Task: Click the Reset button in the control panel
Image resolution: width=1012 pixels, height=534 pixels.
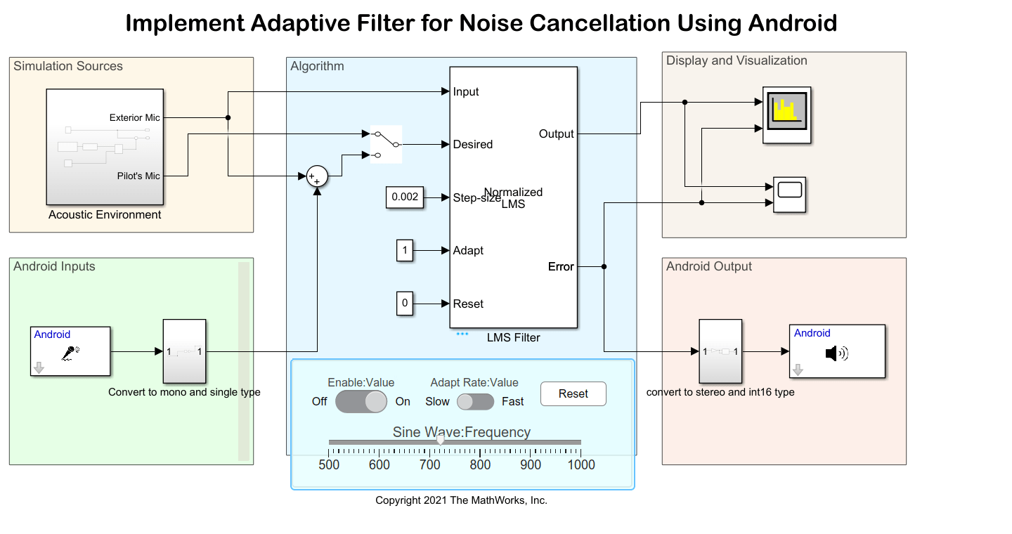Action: (573, 393)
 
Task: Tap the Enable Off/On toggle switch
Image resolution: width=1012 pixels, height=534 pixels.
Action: (361, 402)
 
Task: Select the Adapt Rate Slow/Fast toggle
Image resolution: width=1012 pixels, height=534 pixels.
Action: (475, 402)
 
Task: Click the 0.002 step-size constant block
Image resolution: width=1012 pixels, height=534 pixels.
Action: (405, 197)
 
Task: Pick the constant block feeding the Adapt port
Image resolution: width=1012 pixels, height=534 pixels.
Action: (405, 251)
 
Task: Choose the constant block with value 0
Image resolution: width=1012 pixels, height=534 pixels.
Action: (405, 304)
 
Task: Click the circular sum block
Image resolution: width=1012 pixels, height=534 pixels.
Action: (317, 177)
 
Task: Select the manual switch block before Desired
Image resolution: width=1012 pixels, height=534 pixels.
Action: (386, 144)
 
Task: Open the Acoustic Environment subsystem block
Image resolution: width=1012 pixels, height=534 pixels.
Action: (105, 146)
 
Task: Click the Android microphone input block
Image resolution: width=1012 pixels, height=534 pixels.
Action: (70, 351)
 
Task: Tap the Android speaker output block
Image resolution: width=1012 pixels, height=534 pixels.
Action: (836, 351)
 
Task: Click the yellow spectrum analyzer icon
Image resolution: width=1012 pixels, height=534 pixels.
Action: (786, 115)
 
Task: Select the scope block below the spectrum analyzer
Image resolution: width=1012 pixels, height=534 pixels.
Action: (790, 195)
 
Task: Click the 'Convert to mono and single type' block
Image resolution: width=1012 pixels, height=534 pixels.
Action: (184, 351)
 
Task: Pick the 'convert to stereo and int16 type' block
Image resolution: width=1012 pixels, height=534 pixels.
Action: (720, 351)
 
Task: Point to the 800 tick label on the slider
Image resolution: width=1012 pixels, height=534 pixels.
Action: (480, 464)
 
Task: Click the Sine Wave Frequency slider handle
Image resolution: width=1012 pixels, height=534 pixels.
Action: (440, 440)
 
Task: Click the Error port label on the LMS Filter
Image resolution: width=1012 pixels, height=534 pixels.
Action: (561, 267)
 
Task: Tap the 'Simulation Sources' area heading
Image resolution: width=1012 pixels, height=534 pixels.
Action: (68, 66)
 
